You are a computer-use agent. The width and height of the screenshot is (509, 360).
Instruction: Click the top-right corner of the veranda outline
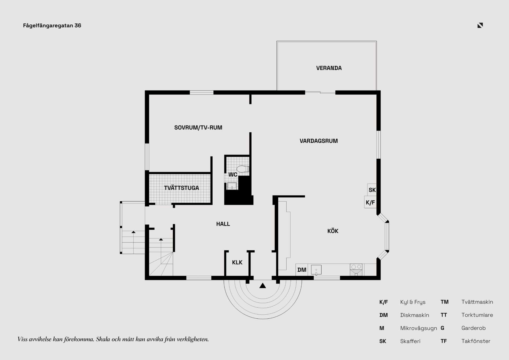(376, 41)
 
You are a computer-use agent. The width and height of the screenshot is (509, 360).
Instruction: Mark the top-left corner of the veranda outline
(277, 41)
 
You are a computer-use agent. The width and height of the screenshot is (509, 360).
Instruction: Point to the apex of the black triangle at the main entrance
(263, 283)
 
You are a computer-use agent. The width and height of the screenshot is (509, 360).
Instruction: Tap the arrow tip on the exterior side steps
(134, 231)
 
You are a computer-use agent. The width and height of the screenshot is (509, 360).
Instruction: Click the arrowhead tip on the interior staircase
(161, 238)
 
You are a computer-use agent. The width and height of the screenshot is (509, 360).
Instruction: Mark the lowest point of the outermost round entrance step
(263, 319)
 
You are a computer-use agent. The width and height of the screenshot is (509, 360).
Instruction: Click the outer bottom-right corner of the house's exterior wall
(381, 280)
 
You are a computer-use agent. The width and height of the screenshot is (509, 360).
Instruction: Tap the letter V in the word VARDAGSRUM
(302, 141)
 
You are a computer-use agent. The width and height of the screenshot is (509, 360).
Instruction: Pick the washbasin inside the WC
(232, 186)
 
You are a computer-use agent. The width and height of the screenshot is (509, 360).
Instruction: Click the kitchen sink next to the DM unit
(316, 270)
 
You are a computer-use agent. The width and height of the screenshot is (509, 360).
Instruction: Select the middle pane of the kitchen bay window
(387, 236)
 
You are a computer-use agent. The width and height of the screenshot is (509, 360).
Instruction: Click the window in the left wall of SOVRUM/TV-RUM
(147, 157)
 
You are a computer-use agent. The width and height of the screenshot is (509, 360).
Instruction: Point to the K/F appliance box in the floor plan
(370, 202)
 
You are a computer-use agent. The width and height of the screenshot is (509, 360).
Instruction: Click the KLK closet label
(237, 262)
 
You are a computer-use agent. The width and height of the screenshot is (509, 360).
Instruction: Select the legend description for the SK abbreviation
(410, 341)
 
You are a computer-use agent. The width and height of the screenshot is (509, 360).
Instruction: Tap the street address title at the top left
(52, 25)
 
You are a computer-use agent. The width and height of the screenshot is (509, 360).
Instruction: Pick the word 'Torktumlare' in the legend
(477, 315)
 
